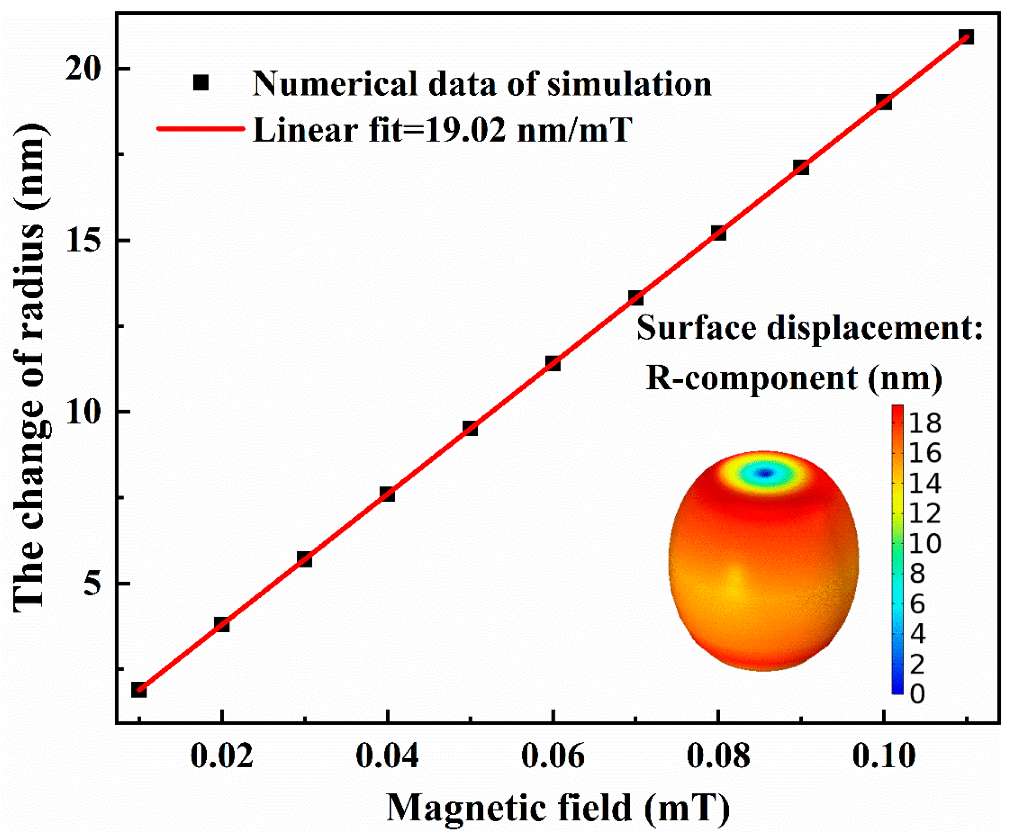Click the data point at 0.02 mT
pyautogui.click(x=221, y=625)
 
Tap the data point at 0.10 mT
pyautogui.click(x=884, y=102)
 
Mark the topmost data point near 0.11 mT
pyautogui.click(x=966, y=37)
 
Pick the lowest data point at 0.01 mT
pyautogui.click(x=139, y=689)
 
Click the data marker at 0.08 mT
pyautogui.click(x=718, y=233)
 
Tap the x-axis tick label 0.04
pyautogui.click(x=387, y=756)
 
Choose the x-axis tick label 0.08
pyautogui.click(x=718, y=756)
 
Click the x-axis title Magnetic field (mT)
pyautogui.click(x=558, y=808)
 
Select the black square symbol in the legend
pyautogui.click(x=201, y=83)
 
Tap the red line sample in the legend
pyautogui.click(x=201, y=128)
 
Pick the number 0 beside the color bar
pyautogui.click(x=917, y=694)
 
